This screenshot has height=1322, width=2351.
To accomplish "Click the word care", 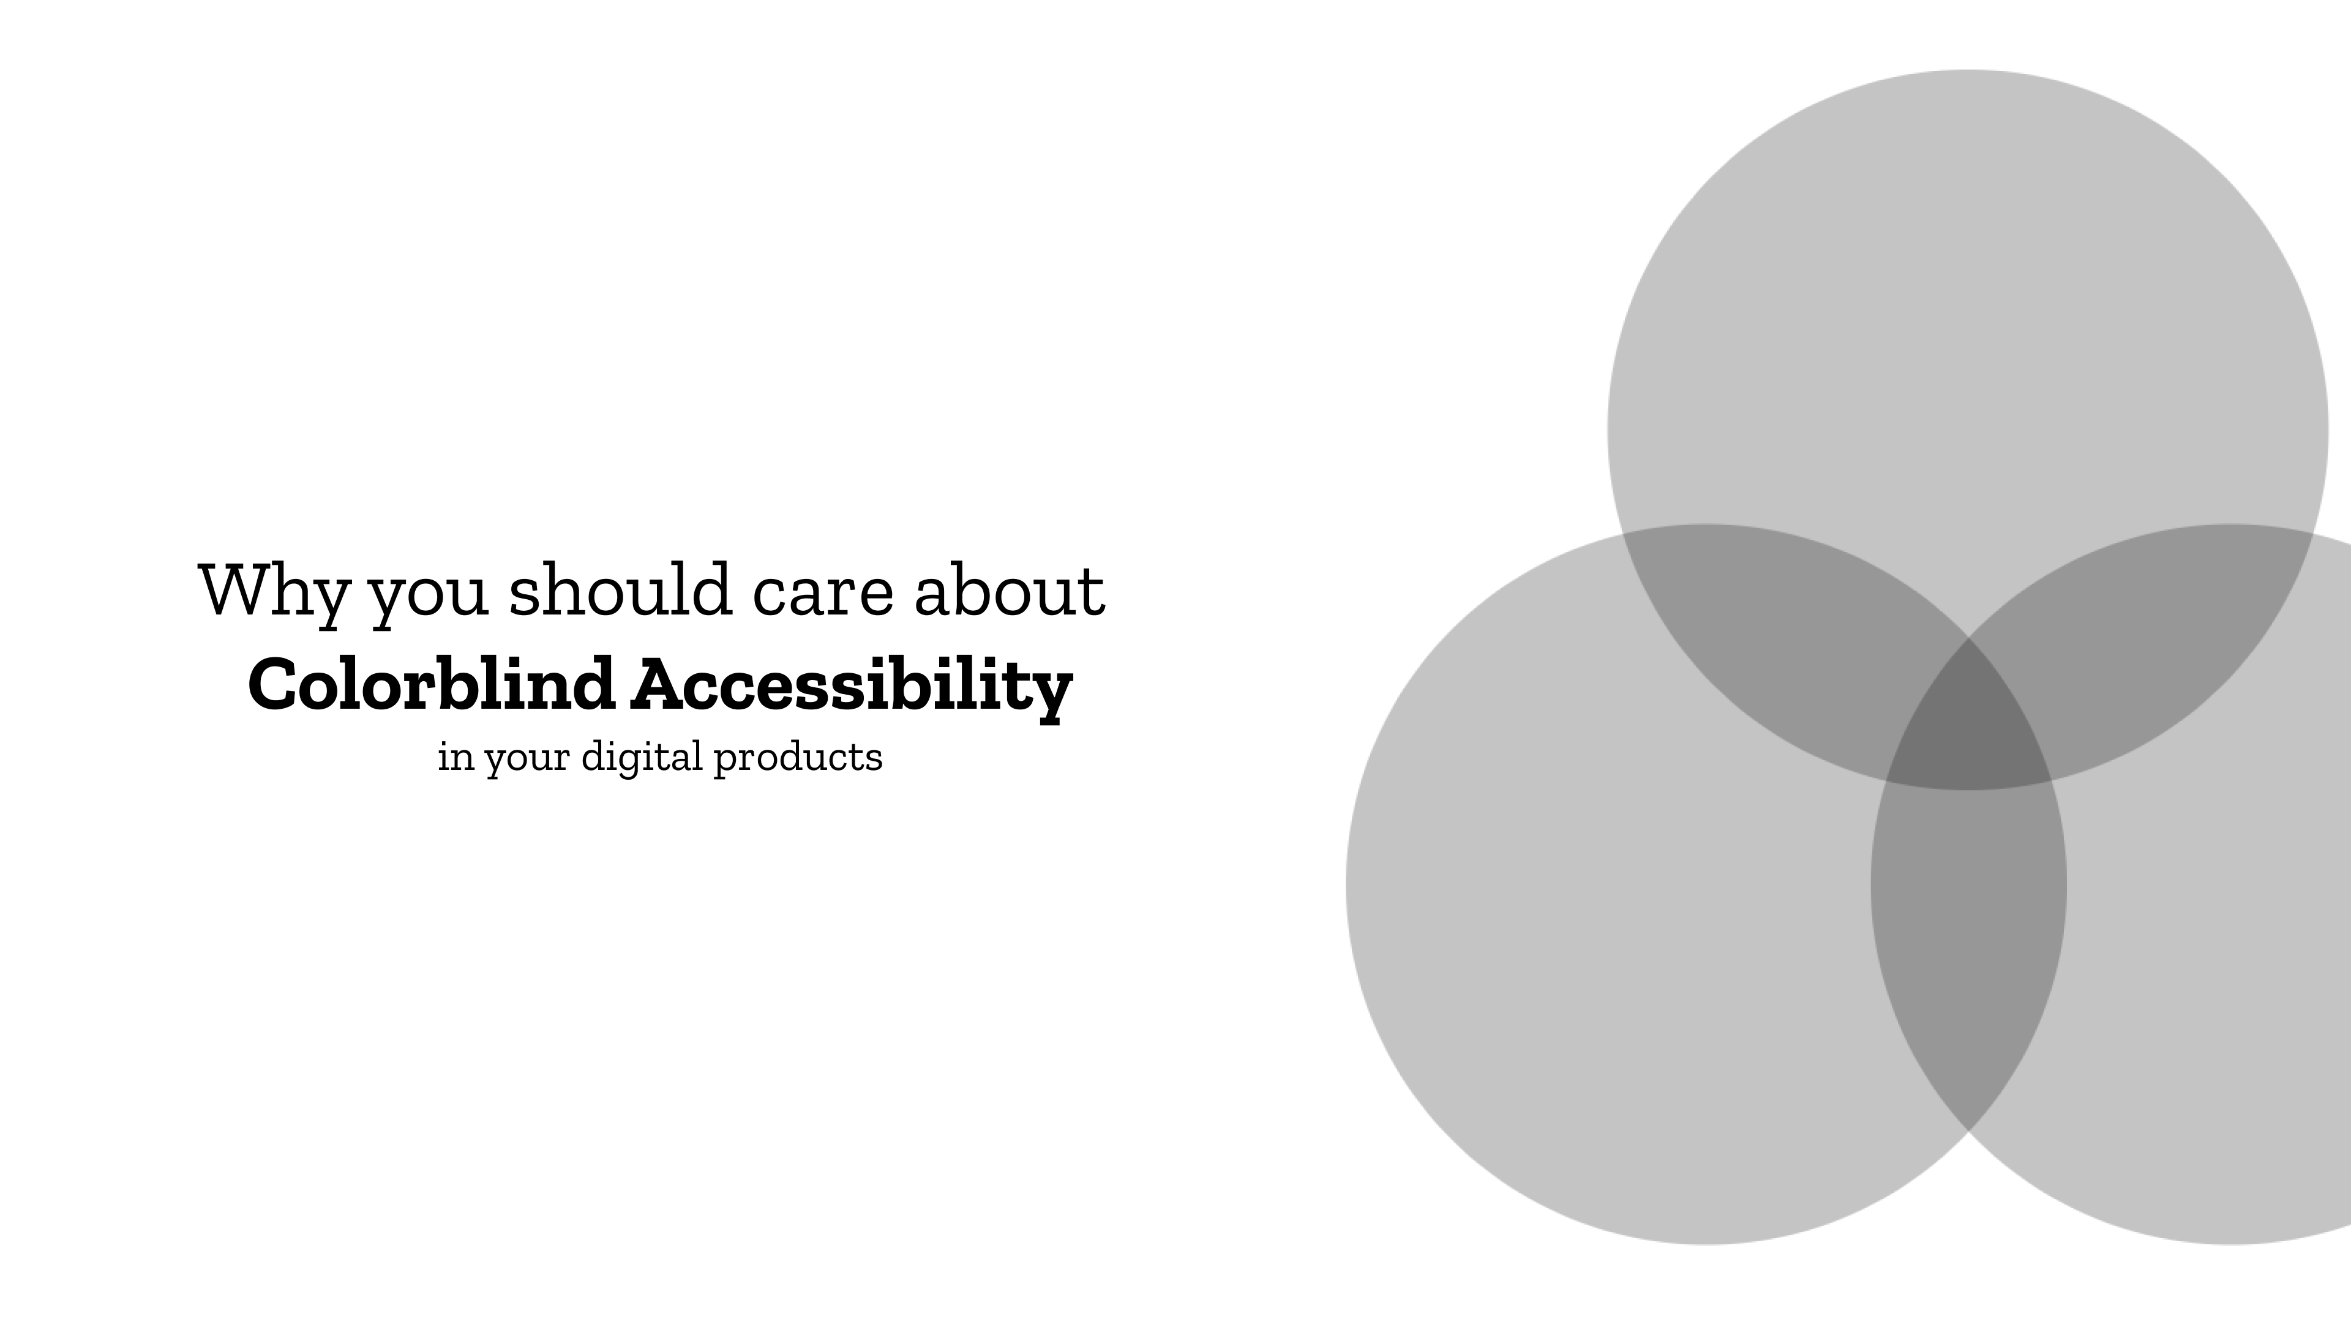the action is click(x=822, y=597).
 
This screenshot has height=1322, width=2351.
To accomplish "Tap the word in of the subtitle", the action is click(x=456, y=756).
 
